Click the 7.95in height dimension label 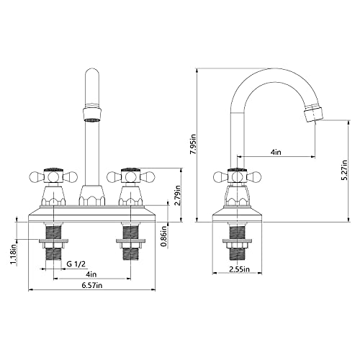(194, 144)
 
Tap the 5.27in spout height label (345, 170)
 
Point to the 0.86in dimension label (164, 236)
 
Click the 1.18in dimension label (13, 254)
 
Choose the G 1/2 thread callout (76, 264)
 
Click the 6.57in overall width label (92, 285)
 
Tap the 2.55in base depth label (239, 269)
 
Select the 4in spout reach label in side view (276, 152)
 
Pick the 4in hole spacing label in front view (91, 274)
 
